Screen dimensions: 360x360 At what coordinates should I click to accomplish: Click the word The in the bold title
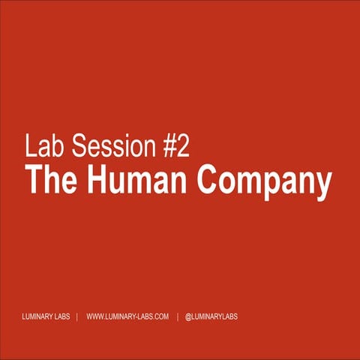[50, 181]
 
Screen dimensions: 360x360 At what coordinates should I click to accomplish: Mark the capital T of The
[33, 181]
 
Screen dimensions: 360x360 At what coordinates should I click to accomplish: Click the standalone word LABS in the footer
[63, 317]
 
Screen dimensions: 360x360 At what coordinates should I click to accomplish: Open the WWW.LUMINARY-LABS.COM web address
[127, 317]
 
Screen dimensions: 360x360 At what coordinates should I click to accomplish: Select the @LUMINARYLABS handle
[211, 317]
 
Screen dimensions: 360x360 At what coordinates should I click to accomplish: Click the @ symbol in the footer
[188, 317]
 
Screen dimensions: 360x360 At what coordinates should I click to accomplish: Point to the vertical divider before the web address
[78, 317]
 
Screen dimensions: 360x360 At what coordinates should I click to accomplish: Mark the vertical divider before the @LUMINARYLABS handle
[177, 317]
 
